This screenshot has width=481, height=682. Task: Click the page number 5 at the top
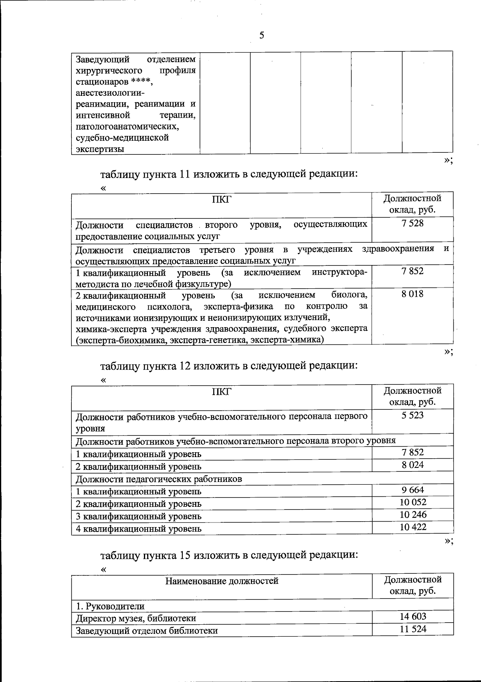262,35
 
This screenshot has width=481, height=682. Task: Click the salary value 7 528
412,223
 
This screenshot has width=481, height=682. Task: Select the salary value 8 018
412,294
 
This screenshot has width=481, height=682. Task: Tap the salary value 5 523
412,415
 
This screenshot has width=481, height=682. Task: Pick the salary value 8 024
412,465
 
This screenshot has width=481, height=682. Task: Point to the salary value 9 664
412,490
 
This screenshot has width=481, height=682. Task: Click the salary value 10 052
413,502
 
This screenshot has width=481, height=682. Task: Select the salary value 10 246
413,514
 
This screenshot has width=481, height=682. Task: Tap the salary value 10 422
413,527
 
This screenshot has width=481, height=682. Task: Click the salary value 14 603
413,617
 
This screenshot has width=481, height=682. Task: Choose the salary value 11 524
413,629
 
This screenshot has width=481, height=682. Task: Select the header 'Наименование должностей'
222,581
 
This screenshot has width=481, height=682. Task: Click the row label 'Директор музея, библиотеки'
136,618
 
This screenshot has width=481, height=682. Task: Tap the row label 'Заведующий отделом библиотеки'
147,631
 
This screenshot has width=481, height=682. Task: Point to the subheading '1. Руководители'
110,606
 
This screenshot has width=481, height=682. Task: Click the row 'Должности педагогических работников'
159,479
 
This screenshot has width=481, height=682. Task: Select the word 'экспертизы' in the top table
100,149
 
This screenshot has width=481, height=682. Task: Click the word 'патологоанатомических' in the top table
127,126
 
